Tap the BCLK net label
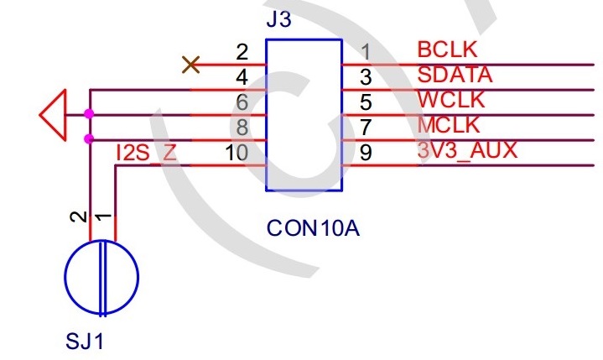click(x=445, y=50)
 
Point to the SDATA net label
click(x=455, y=75)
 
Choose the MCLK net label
click(x=448, y=126)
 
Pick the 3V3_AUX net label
click(x=467, y=151)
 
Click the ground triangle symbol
click(x=53, y=114)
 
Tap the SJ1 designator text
click(x=86, y=342)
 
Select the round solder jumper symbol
click(x=101, y=278)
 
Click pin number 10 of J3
click(x=237, y=154)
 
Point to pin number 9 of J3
click(x=365, y=154)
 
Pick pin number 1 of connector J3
click(x=365, y=53)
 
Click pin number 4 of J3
click(x=242, y=78)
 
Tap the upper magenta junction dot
click(x=89, y=114)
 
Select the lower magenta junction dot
click(x=89, y=139)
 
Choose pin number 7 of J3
click(x=365, y=128)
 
